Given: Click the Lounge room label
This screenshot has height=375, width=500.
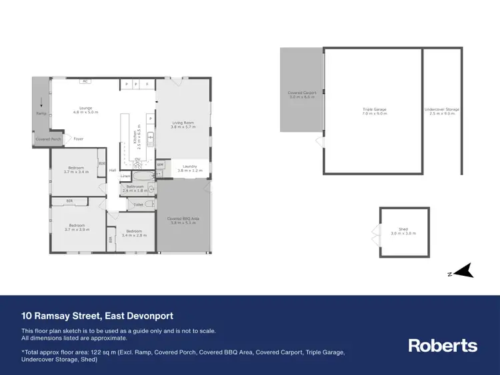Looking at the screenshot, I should [x=85, y=110].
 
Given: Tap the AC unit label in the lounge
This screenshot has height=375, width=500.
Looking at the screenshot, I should [x=85, y=81].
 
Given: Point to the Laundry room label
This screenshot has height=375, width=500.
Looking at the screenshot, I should [x=187, y=169].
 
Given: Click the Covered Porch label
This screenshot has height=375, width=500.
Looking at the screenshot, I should [x=47, y=139].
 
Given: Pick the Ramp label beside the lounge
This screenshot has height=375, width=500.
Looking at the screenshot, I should [x=41, y=113].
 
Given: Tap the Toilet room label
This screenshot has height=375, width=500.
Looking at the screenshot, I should [x=139, y=204].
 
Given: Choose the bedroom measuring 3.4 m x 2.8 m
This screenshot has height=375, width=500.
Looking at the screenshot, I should [x=134, y=233].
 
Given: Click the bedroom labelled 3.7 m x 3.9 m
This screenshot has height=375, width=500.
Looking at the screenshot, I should [x=77, y=227].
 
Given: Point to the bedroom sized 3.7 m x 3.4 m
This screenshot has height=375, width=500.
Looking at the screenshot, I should [x=77, y=169].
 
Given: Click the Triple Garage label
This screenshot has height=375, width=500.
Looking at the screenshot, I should [x=374, y=111].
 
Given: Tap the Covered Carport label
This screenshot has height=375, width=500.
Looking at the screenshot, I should [x=301, y=95].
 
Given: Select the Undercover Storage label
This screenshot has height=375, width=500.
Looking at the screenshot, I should [x=442, y=111].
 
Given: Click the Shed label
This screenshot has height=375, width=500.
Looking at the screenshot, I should [x=403, y=231].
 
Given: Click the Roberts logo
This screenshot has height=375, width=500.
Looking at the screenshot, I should [x=443, y=345].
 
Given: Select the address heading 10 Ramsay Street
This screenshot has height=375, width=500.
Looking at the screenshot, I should [x=97, y=316].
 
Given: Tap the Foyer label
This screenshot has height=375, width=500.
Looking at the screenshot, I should [x=79, y=139].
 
